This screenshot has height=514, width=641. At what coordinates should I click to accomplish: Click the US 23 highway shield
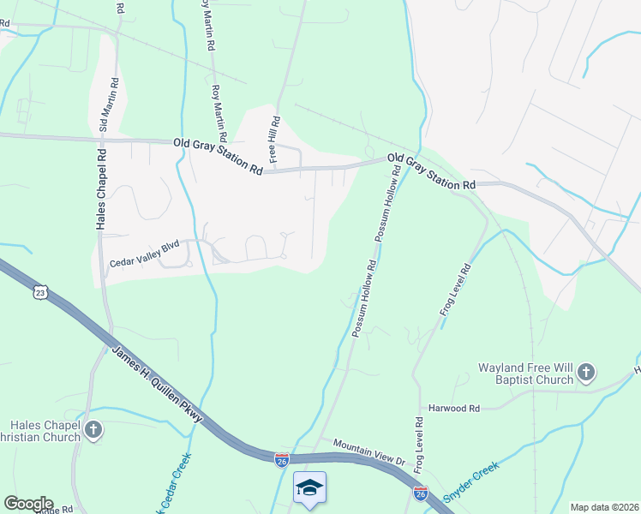39,293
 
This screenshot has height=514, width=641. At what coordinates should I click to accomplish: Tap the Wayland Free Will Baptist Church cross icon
585,372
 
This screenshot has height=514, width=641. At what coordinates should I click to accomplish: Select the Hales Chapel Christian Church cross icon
94,429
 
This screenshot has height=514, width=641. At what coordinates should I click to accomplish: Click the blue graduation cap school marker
309,487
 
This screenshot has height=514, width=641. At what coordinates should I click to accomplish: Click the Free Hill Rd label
275,140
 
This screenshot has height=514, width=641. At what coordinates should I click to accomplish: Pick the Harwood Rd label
455,409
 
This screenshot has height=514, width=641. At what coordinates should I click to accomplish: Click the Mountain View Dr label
368,451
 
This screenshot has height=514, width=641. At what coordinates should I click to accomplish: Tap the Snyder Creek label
470,481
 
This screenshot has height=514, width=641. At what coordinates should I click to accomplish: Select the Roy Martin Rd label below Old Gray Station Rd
219,112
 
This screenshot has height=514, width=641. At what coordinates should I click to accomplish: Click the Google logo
28,504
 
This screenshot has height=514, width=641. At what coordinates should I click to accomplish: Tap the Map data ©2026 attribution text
604,507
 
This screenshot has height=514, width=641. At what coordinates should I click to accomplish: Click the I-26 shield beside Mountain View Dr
282,460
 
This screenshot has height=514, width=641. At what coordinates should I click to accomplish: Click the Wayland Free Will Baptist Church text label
524,374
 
